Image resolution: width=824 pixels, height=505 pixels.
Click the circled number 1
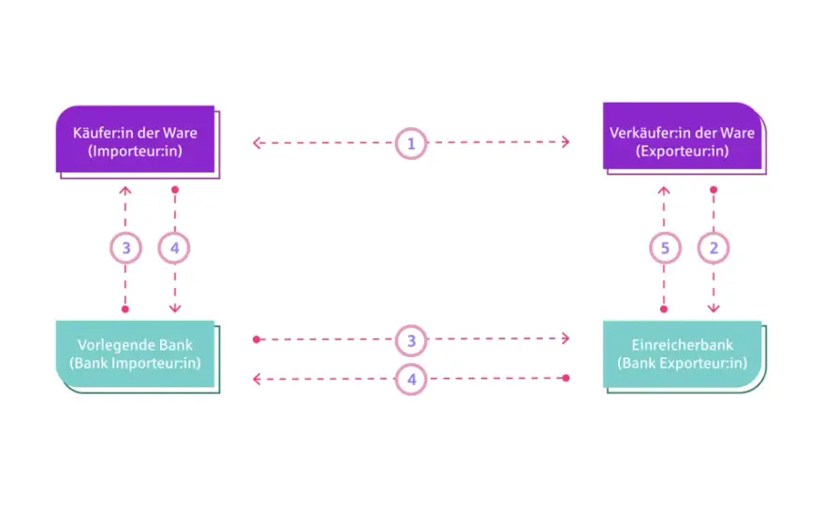pos(411,143)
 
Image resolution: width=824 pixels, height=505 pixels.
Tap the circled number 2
pos(714,248)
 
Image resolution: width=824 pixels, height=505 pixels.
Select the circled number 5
pos(665,248)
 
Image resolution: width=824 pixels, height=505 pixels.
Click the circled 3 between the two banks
pos(411,340)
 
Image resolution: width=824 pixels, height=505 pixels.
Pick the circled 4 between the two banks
pos(411,379)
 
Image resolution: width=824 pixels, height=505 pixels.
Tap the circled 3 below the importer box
pos(125,248)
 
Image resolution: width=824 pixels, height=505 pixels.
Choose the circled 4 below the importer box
pos(174,248)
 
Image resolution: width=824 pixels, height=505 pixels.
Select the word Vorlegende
pos(109,345)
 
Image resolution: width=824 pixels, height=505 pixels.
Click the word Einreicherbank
pos(682,345)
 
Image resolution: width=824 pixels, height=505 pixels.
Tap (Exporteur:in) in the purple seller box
pos(682,151)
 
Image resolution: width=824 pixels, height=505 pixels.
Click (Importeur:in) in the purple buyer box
pos(135,151)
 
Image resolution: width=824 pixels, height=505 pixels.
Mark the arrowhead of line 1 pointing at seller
pos(566,142)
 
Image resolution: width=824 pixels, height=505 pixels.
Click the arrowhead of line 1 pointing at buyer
pos(257,143)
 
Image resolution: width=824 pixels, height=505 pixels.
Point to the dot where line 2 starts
pos(714,190)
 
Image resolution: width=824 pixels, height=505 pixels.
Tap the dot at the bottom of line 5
pos(664,310)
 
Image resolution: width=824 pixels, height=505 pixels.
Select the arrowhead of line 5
pos(664,190)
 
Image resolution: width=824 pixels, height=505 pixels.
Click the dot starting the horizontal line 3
pos(257,339)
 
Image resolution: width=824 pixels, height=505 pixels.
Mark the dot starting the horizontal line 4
pos(566,378)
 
